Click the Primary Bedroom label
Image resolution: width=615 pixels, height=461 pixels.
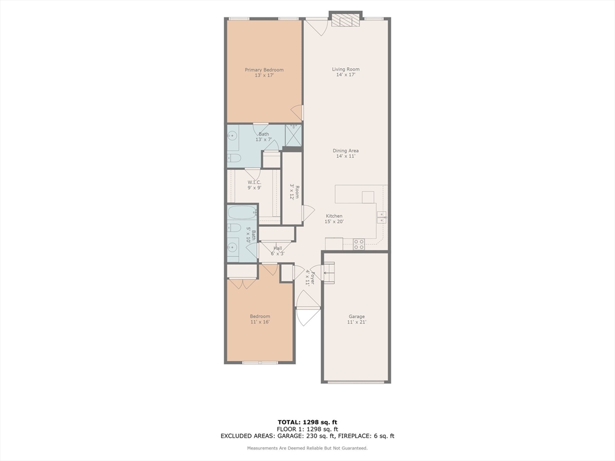pyautogui.click(x=264, y=73)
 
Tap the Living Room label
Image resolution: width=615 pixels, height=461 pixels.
pyautogui.click(x=345, y=72)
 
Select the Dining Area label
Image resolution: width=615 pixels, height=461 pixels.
pyautogui.click(x=345, y=154)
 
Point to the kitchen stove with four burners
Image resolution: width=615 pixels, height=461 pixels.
pyautogui.click(x=359, y=244)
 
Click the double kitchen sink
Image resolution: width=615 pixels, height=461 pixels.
pyautogui.click(x=381, y=217)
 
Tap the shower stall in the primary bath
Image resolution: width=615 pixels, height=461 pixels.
pyautogui.click(x=293, y=135)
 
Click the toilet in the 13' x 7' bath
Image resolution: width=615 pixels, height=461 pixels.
pyautogui.click(x=234, y=158)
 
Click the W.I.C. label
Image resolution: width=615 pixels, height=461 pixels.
pyautogui.click(x=254, y=185)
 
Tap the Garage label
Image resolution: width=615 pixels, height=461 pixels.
pyautogui.click(x=357, y=319)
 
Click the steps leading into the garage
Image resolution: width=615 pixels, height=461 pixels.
pyautogui.click(x=329, y=273)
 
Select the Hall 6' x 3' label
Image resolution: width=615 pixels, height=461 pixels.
pyautogui.click(x=277, y=251)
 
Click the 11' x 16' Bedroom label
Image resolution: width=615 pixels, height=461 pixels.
pyautogui.click(x=260, y=319)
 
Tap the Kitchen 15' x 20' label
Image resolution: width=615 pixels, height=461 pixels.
pyautogui.click(x=335, y=219)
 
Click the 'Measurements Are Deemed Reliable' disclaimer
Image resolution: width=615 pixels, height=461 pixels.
pyautogui.click(x=307, y=448)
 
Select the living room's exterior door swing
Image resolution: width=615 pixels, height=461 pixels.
pyautogui.click(x=316, y=27)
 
